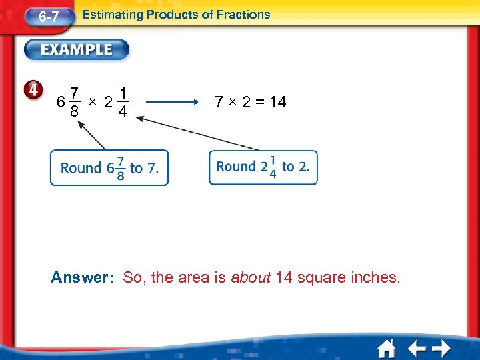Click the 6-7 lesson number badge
click(47, 17)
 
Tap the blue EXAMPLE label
click(78, 50)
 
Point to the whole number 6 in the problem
click(61, 103)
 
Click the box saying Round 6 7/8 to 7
click(109, 168)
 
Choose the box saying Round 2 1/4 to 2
click(263, 167)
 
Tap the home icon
click(387, 348)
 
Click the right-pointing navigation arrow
click(441, 348)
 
